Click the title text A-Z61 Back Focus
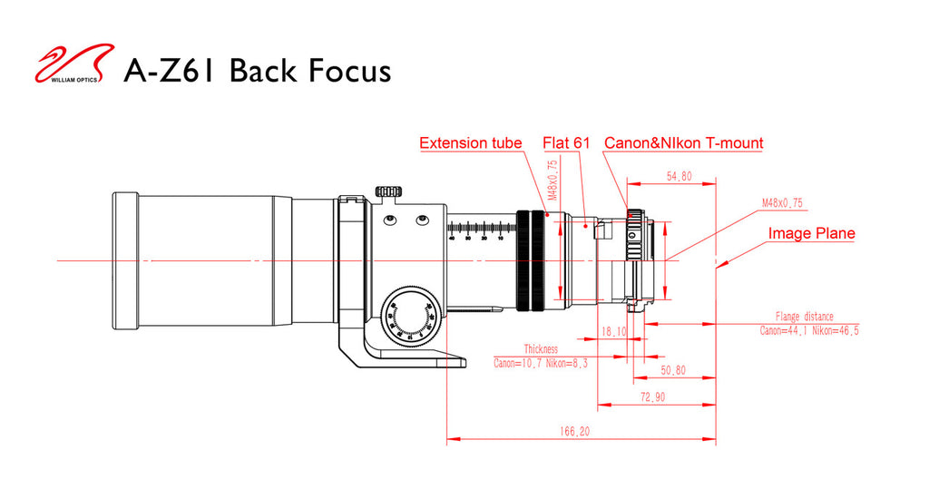[x=257, y=70]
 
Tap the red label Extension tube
[x=470, y=143]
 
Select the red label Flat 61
[x=566, y=143]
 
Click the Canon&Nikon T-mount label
[x=683, y=143]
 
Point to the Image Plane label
[x=811, y=234]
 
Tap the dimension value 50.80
[x=672, y=370]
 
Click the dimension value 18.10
[x=614, y=332]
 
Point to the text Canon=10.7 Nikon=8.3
[x=540, y=363]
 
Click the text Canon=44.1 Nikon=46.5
[x=809, y=331]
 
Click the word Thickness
[x=541, y=349]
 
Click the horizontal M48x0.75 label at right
[x=783, y=204]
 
